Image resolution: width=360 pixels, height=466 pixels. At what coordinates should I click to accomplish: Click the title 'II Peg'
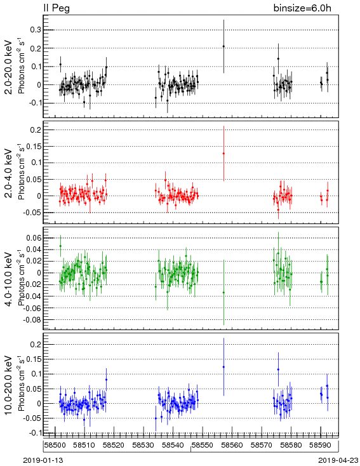click(x=57, y=8)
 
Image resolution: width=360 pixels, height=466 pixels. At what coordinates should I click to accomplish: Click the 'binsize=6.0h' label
click(x=302, y=8)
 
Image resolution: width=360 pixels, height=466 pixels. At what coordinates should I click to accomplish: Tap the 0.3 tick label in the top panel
click(x=35, y=30)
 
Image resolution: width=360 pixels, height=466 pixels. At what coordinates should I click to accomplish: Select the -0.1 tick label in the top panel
click(x=34, y=103)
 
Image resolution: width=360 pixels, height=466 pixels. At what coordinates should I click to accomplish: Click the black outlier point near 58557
click(x=223, y=46)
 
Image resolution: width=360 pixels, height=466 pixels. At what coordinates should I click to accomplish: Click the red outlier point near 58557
click(x=223, y=154)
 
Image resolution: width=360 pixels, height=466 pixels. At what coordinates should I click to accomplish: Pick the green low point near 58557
click(x=223, y=293)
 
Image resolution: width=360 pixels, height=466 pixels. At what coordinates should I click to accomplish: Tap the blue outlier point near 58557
click(x=223, y=367)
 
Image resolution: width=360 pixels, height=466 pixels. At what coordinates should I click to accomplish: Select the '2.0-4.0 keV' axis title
click(x=10, y=173)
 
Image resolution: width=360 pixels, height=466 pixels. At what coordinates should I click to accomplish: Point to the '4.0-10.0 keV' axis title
click(x=10, y=279)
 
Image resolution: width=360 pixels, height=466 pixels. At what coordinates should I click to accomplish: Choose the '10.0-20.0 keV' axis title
click(x=10, y=385)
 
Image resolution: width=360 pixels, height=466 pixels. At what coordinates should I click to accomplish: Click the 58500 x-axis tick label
click(x=55, y=445)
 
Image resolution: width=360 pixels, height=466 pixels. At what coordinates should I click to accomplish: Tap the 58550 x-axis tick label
click(x=203, y=445)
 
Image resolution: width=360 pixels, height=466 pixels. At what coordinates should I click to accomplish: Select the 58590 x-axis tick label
click(x=321, y=445)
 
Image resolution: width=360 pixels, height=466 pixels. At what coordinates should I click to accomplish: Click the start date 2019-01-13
click(x=43, y=460)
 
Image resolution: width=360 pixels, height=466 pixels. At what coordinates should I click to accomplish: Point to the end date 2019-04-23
click(x=338, y=460)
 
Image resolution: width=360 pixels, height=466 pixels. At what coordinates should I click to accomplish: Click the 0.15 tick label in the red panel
click(x=34, y=146)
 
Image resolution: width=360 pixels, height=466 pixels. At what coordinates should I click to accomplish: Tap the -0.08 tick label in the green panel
click(x=32, y=320)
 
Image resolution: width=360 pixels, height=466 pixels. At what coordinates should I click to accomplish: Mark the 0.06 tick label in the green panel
click(x=34, y=237)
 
